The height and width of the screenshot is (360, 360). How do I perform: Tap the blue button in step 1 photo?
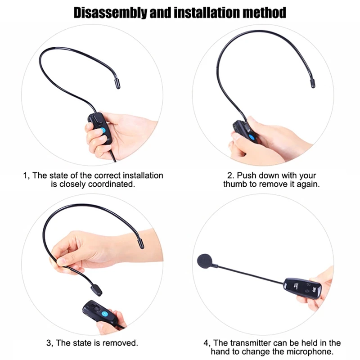click(103, 129)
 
